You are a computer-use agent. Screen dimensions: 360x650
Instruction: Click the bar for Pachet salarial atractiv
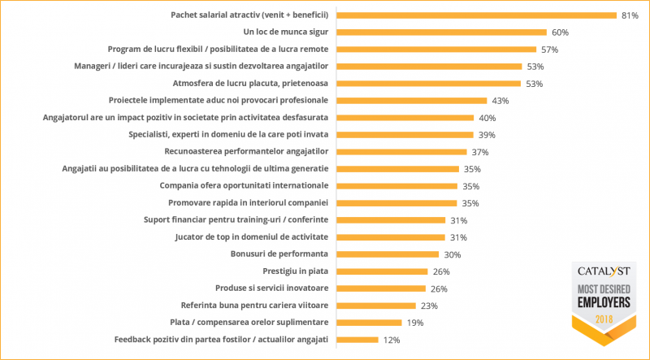(x=476, y=15)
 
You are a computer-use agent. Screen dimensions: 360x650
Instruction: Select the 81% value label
(x=630, y=15)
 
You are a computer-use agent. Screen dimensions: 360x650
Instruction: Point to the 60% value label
(x=560, y=33)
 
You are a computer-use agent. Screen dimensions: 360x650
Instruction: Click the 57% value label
(x=550, y=50)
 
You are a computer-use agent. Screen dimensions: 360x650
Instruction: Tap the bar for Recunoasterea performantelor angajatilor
(x=401, y=152)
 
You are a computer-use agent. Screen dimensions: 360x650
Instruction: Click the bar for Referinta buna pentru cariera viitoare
(x=376, y=306)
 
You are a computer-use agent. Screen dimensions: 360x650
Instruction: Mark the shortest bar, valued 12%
(x=357, y=340)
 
